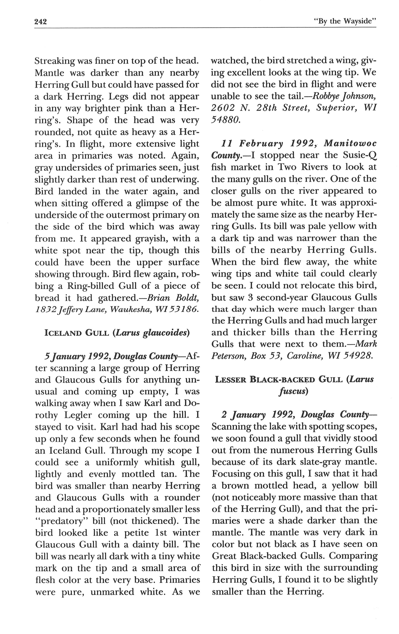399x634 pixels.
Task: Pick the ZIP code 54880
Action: click(226, 120)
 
